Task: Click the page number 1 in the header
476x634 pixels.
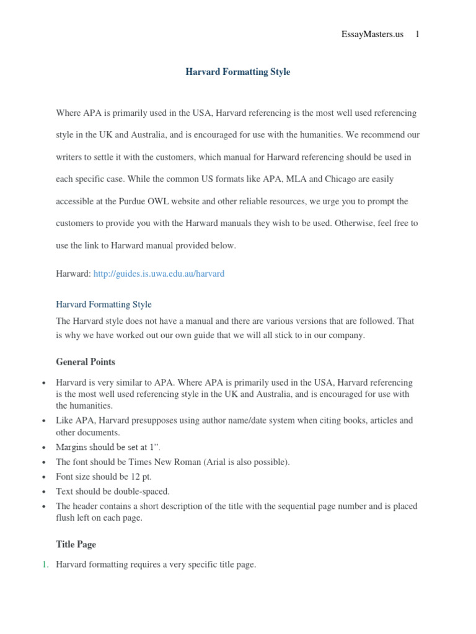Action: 417,35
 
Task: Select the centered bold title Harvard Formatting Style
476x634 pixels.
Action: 238,72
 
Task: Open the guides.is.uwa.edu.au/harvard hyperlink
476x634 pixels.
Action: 159,274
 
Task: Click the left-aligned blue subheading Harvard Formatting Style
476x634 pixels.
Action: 104,305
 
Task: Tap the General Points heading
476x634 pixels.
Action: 86,362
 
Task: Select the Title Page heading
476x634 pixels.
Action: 76,544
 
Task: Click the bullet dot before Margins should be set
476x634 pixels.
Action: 43,448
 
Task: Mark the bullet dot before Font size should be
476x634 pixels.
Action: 43,477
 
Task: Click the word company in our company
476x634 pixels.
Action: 347,336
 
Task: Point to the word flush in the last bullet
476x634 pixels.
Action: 66,518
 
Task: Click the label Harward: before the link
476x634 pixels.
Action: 73,274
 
